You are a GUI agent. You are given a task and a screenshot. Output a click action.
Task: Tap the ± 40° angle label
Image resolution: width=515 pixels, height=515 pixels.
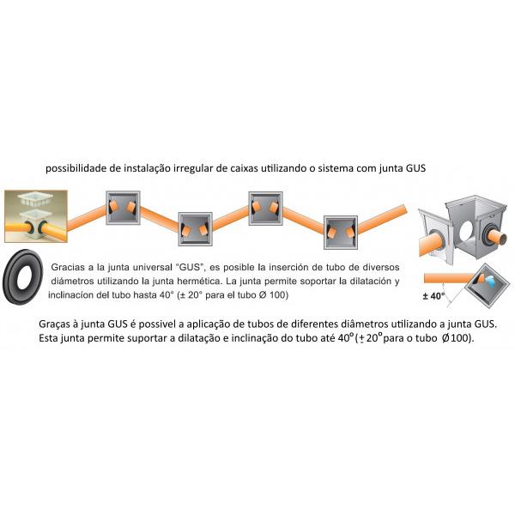click(x=433, y=296)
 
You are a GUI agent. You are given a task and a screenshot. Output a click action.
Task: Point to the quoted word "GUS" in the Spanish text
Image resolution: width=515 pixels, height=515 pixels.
click(x=190, y=267)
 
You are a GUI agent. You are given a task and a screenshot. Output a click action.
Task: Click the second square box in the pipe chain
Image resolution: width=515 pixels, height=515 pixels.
click(x=195, y=229)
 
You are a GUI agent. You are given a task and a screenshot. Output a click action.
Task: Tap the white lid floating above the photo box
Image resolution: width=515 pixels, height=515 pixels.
click(x=35, y=198)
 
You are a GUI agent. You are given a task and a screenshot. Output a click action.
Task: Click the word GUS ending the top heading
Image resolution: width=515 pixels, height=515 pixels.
click(x=415, y=168)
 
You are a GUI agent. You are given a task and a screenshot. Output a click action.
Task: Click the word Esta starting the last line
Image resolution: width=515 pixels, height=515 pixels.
click(x=48, y=338)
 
